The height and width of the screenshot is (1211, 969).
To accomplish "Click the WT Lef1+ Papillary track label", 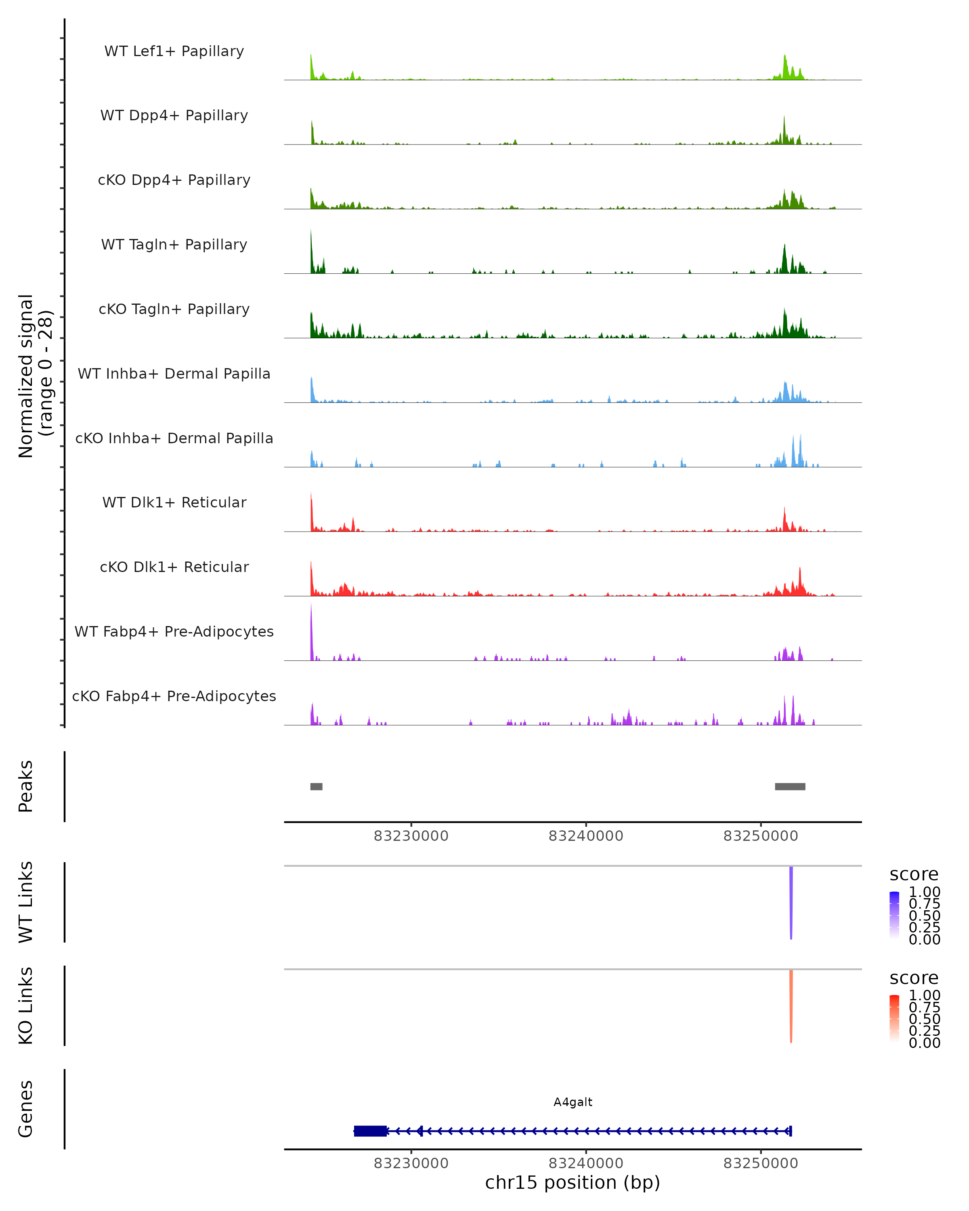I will [174, 51].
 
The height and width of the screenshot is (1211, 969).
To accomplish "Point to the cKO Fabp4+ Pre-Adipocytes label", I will [174, 696].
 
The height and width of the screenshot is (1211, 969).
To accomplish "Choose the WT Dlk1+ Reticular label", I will [174, 502].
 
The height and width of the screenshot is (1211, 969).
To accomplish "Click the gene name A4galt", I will [573, 1102].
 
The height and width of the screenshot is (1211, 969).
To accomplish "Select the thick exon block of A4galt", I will [370, 1131].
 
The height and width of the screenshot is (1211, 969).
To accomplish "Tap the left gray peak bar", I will [316, 786].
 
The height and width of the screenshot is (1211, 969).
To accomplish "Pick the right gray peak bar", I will [790, 786].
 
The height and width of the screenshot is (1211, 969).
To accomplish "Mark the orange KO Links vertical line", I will [791, 1006].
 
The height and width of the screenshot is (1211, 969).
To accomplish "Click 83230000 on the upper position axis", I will [411, 836].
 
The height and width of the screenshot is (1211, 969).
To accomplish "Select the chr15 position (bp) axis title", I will [573, 1182].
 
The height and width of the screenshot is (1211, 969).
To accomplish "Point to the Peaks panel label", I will [26, 786].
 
